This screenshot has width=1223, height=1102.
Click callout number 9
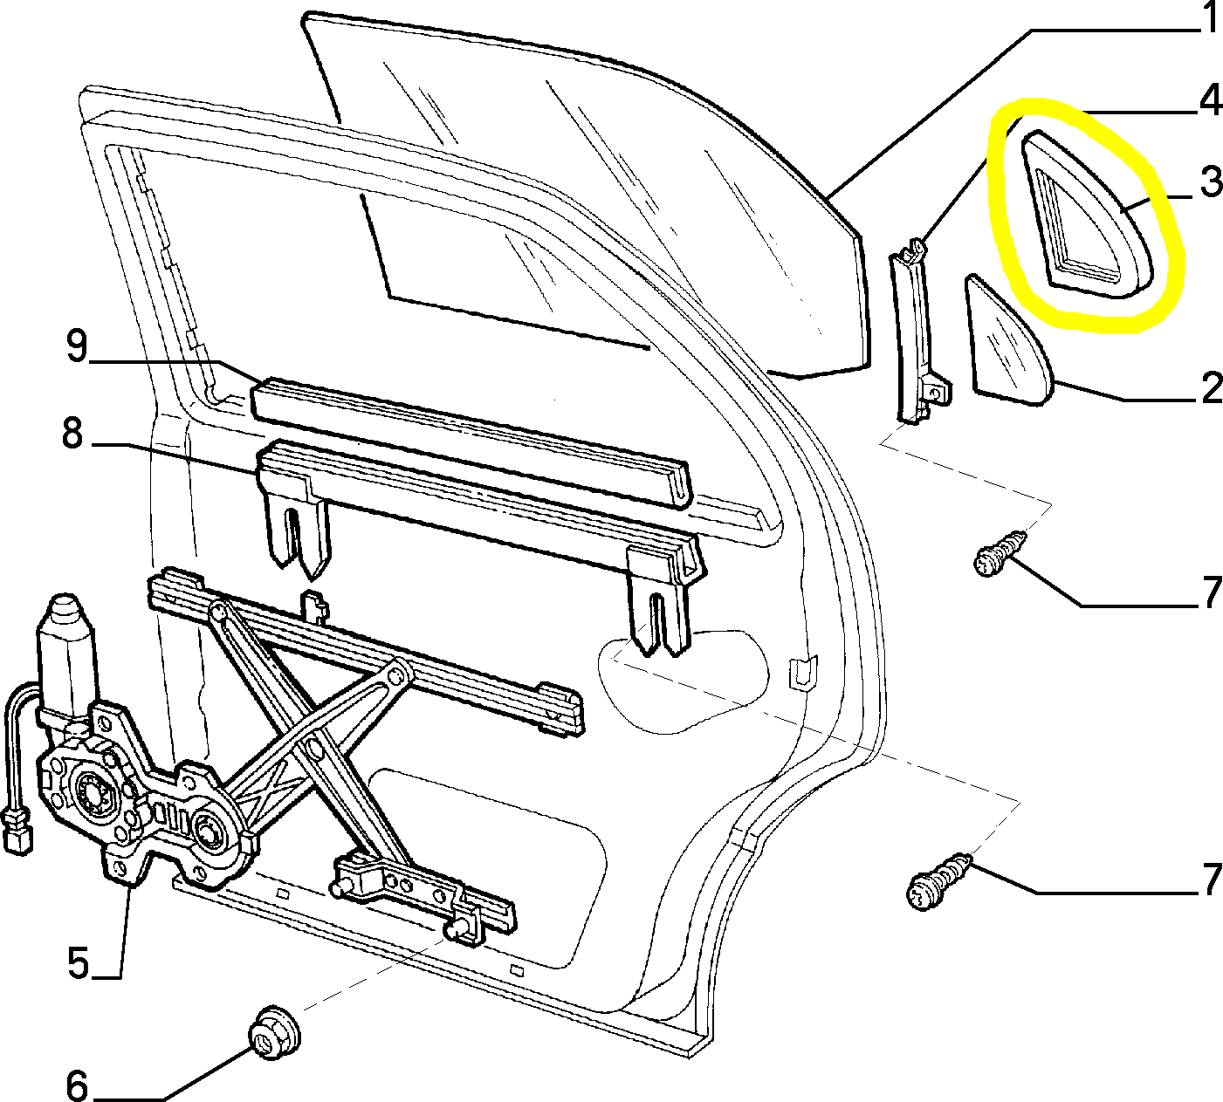78,346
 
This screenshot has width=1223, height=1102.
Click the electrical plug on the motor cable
18,831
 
